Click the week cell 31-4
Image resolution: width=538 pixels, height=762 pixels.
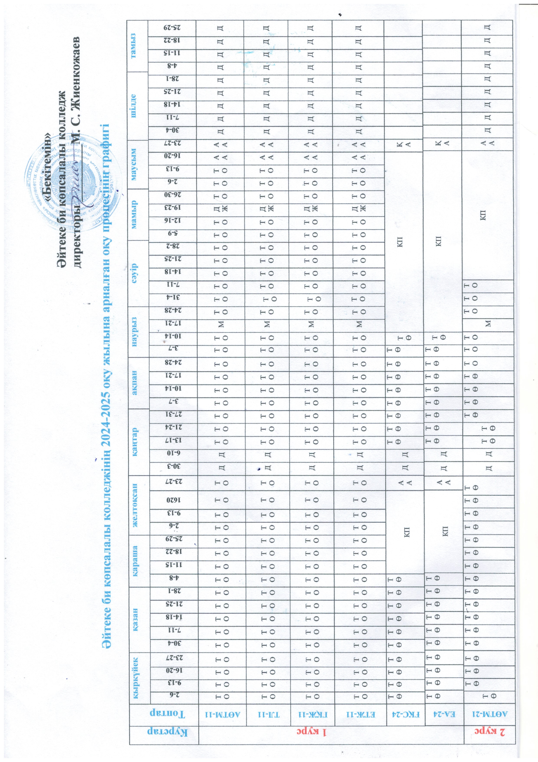[x=172, y=298]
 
